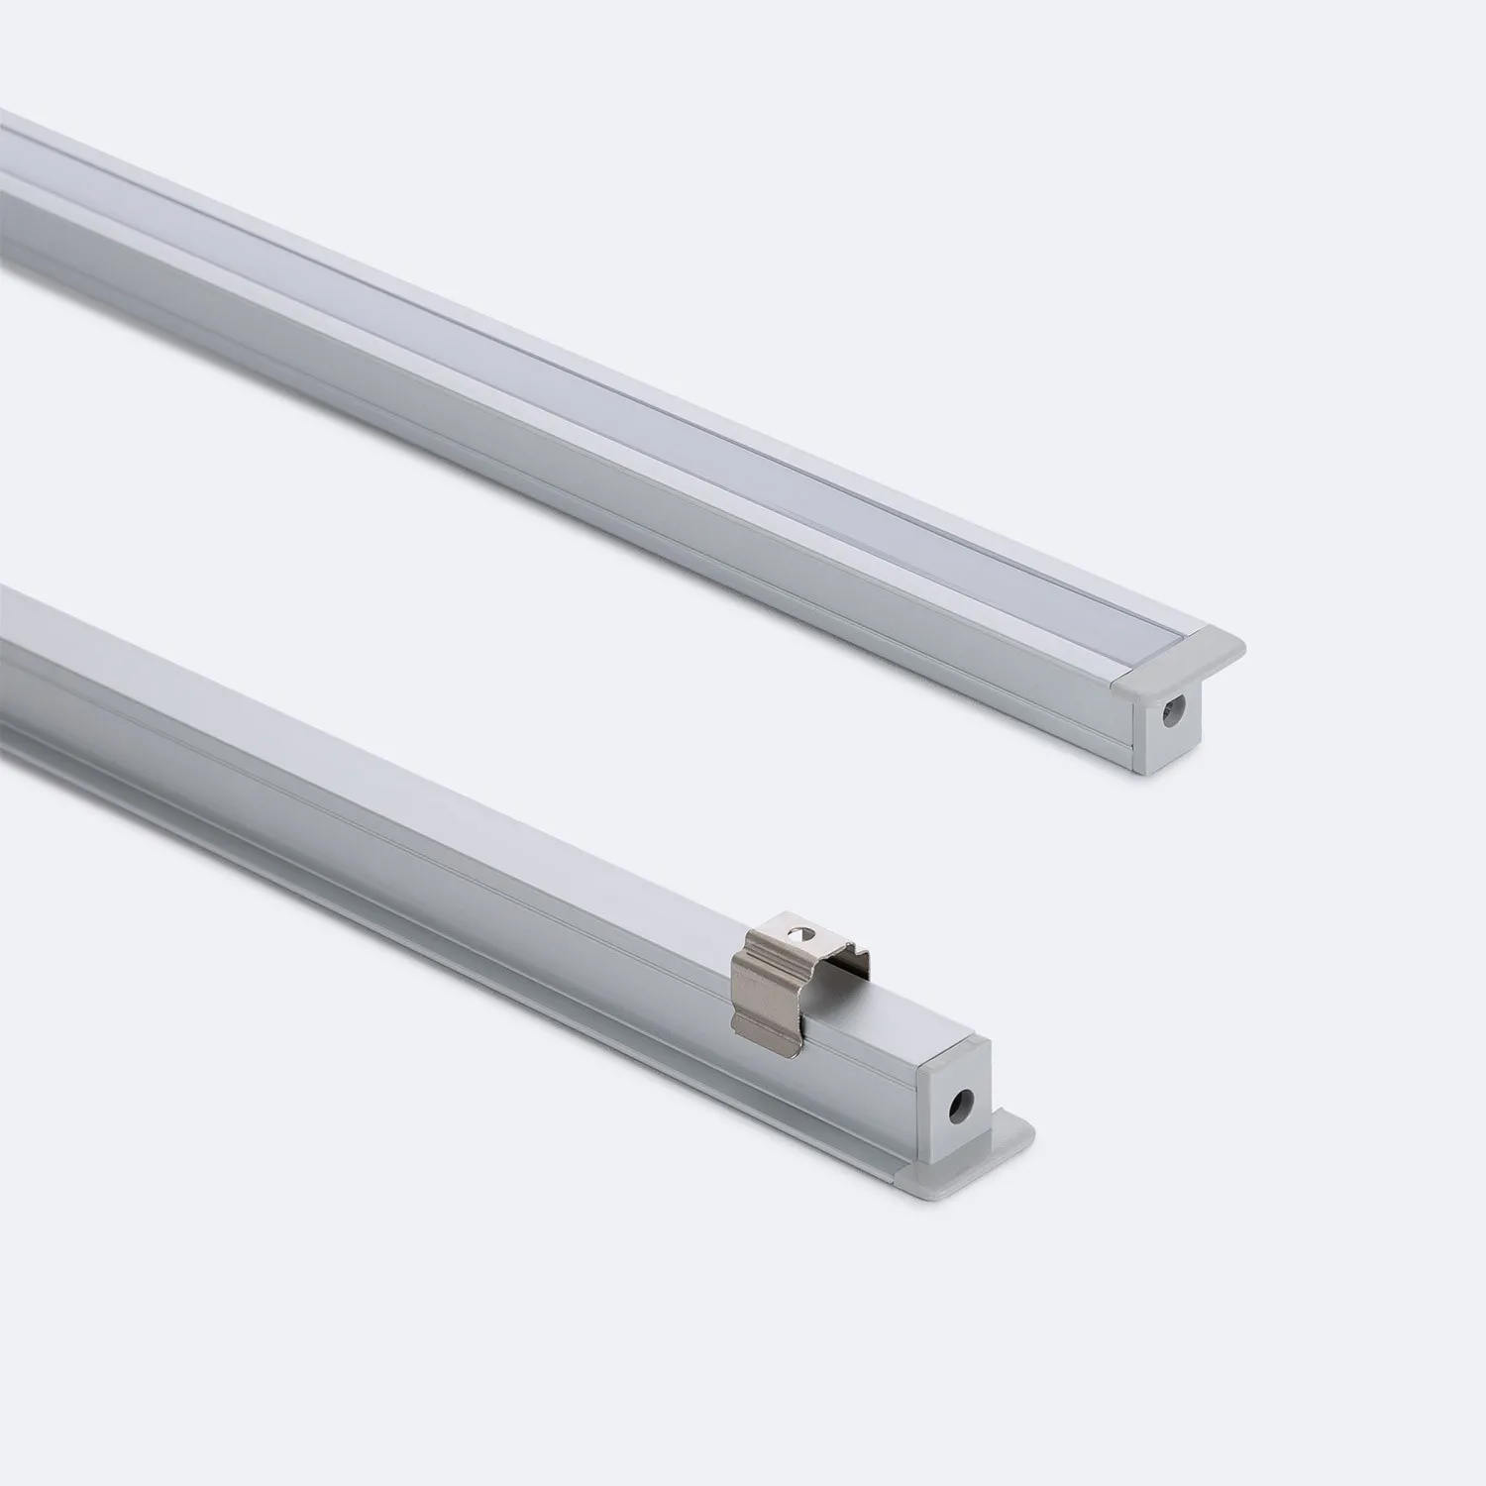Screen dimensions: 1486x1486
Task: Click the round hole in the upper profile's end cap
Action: coord(1176,709)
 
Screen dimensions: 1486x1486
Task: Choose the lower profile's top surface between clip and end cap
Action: coord(911,1010)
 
